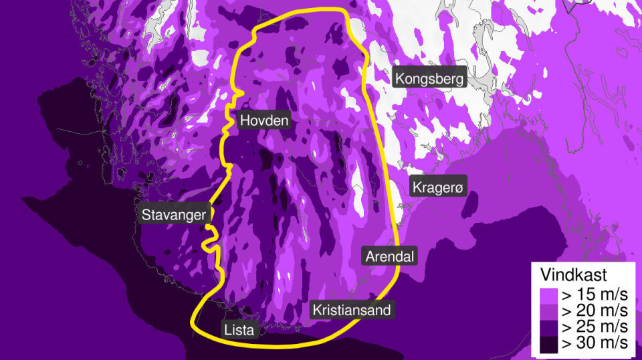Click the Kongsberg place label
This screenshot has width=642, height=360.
tap(429, 79)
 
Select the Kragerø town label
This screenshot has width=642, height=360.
tap(437, 188)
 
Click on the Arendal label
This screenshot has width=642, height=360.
tap(389, 256)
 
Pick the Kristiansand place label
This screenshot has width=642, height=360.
tap(350, 310)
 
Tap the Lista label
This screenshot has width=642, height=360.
tap(239, 329)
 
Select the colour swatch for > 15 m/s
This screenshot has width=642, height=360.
tap(548, 294)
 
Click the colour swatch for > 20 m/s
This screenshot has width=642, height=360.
tap(548, 311)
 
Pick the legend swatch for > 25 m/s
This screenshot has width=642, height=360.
tap(548, 327)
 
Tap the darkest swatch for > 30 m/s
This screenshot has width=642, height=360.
tap(548, 343)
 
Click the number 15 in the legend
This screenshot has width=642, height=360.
tap(584, 294)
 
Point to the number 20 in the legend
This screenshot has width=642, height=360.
tap(584, 311)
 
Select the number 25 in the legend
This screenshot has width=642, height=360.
tap(584, 327)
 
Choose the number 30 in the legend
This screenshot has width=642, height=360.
tap(584, 343)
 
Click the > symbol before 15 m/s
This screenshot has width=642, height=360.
tap(566, 294)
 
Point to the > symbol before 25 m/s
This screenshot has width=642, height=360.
tap(566, 327)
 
